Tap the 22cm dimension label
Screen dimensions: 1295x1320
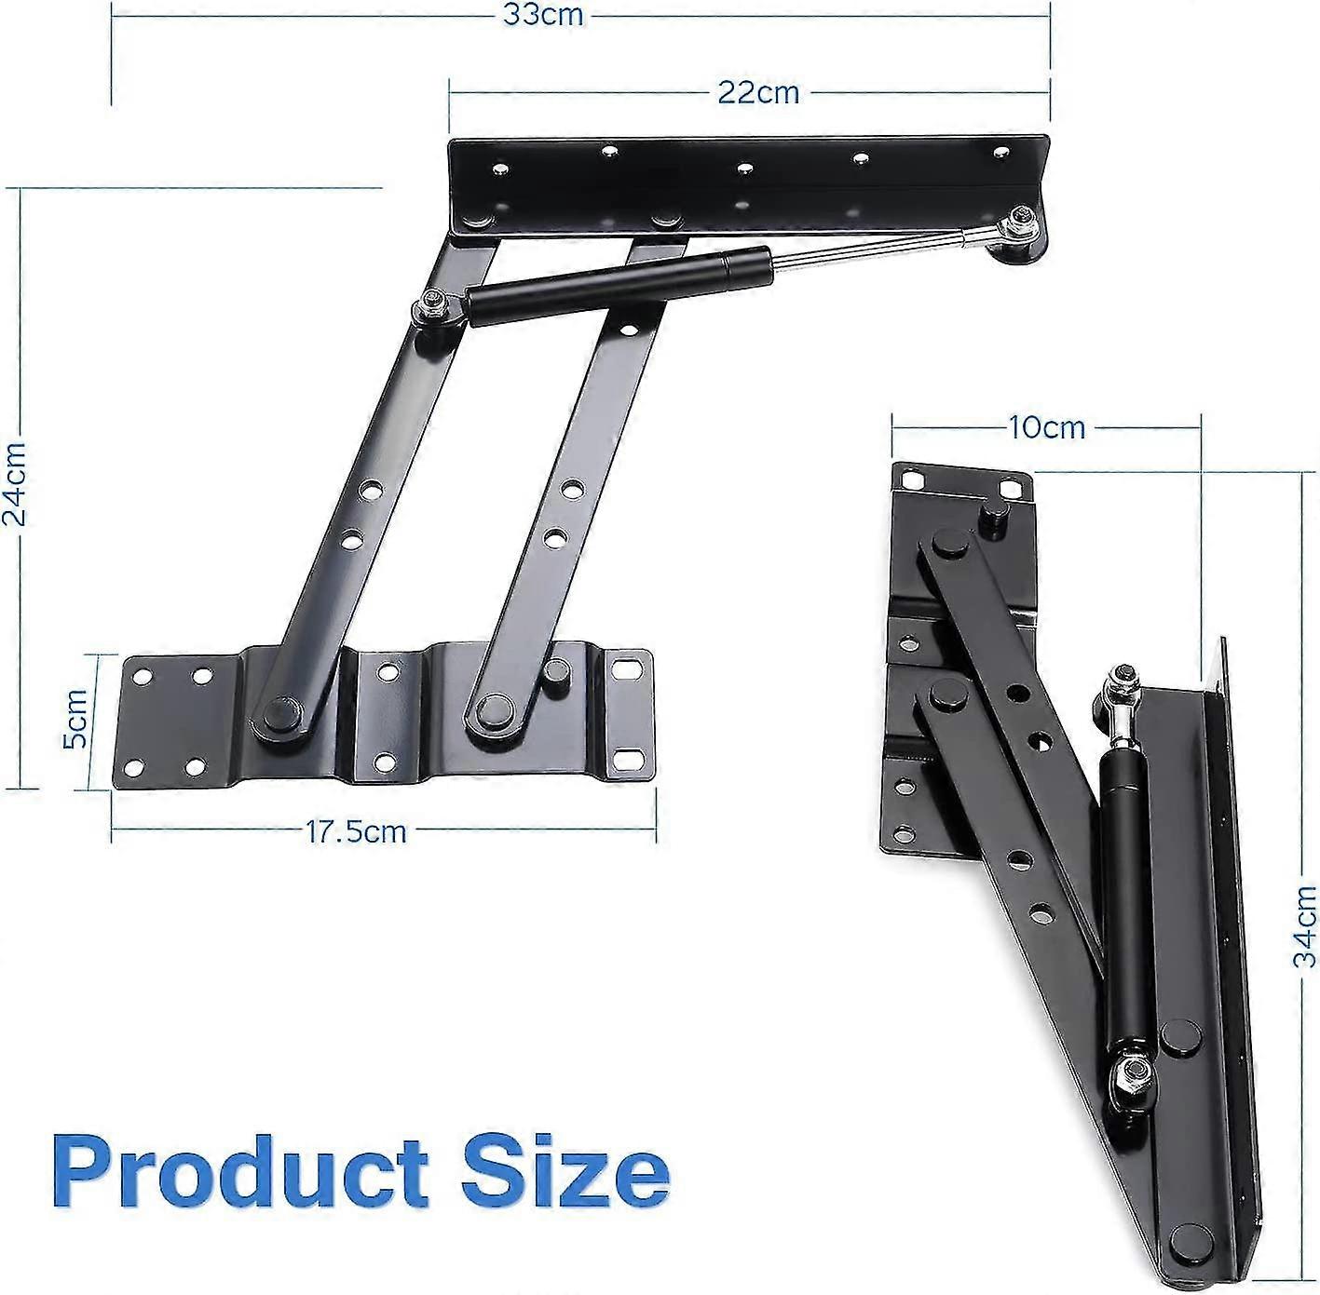tap(757, 92)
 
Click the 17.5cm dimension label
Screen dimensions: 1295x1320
tap(357, 830)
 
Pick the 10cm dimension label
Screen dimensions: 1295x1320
tap(1046, 427)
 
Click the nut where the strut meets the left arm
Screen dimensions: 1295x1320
tap(434, 304)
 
